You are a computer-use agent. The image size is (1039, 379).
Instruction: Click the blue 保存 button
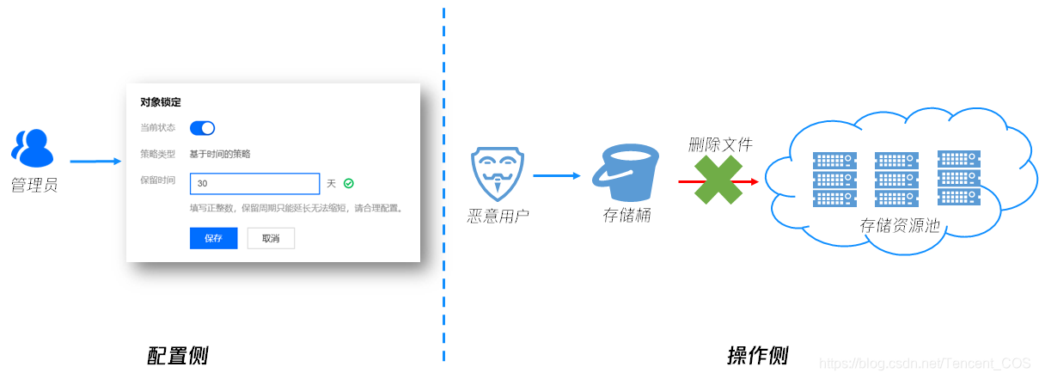213,238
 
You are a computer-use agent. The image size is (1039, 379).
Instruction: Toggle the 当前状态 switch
202,128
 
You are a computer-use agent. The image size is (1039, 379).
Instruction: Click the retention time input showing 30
254,184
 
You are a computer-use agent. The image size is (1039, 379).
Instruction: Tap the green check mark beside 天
349,183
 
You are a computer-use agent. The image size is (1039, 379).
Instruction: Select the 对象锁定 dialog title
161,102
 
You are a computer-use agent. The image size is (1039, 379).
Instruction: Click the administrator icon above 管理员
32,148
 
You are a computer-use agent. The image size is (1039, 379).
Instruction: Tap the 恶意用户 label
498,215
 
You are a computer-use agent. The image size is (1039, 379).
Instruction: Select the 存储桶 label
626,215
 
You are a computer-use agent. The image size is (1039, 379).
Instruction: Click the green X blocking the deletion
718,180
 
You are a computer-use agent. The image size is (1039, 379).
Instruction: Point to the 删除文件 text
720,144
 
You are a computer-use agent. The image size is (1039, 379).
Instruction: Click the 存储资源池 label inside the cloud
899,225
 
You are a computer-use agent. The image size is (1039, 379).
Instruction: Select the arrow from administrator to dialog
95,161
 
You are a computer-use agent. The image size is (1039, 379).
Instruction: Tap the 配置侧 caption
178,355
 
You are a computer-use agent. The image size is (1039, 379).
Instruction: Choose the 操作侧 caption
757,355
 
